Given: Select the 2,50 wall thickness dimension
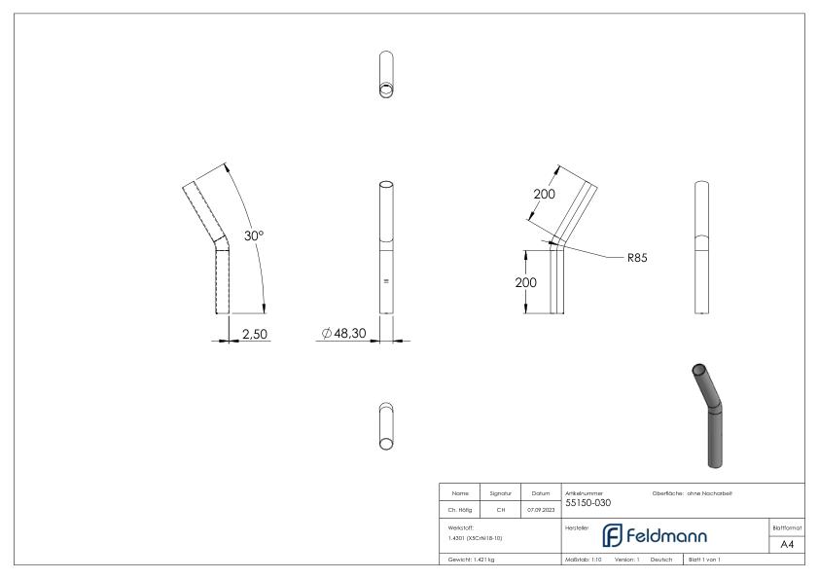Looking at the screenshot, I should [256, 334].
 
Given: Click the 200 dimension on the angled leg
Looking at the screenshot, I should [544, 194].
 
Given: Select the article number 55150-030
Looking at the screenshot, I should [588, 503].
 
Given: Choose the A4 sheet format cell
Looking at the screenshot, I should [788, 544].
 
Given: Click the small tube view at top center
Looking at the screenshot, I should [386, 75].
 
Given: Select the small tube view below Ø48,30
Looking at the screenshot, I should [386, 425].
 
